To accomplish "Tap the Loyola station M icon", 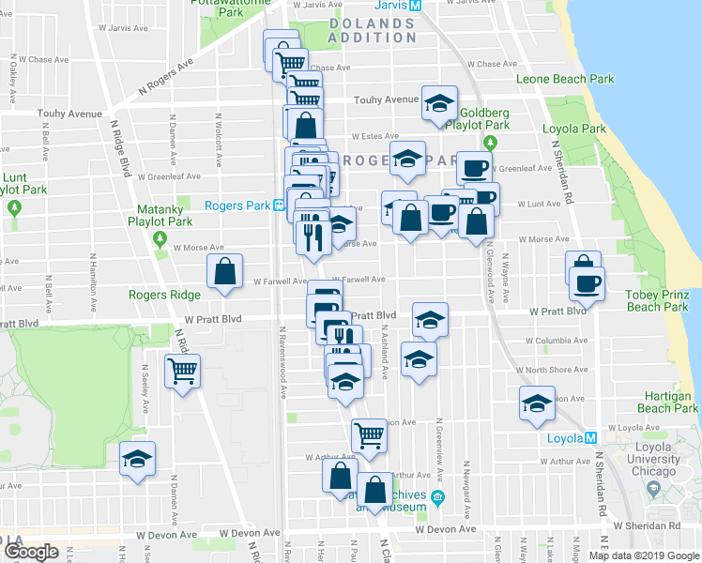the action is pos(591,437).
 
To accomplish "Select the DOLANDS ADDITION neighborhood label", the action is pos(373,30).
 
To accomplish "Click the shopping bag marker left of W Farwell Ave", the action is pos(225,271).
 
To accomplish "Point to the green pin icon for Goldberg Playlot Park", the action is pos(490,143).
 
